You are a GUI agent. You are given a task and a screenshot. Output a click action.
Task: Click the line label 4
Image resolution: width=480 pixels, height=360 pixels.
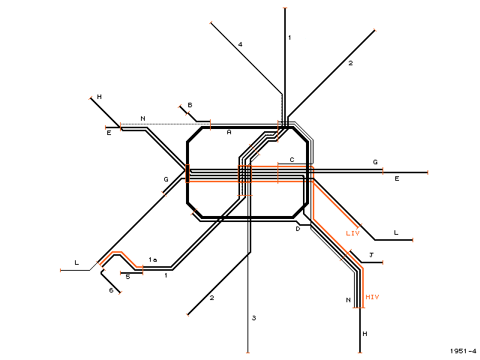click(x=240, y=44)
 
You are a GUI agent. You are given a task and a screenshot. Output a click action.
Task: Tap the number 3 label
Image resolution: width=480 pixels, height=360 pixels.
click(x=253, y=318)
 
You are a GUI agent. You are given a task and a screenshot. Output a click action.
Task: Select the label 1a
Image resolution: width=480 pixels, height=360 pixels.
click(x=153, y=259)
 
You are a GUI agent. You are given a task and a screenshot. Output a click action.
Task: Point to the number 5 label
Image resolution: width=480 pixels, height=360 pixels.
click(x=128, y=277)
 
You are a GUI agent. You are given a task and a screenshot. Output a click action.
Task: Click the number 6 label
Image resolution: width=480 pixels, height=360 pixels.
click(x=111, y=290)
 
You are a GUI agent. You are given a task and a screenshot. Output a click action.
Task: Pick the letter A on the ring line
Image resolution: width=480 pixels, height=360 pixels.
click(x=229, y=132)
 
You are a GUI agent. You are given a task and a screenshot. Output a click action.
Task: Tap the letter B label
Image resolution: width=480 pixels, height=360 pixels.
click(x=190, y=105)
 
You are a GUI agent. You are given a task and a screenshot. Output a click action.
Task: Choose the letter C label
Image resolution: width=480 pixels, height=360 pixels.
click(x=292, y=160)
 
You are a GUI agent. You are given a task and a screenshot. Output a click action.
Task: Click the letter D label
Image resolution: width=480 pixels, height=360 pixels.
click(x=298, y=229)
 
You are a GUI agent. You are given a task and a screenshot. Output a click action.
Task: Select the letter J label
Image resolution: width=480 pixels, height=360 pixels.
click(x=371, y=255)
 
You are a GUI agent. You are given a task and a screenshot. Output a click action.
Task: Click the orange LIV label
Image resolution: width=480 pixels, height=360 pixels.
click(x=352, y=233)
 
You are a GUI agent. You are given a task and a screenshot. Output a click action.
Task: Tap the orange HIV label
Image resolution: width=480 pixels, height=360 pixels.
click(x=372, y=297)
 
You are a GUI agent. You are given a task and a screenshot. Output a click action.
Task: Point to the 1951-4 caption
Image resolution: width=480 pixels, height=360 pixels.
click(x=463, y=351)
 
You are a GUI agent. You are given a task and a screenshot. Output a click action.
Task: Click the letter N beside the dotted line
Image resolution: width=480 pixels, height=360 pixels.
click(x=142, y=118)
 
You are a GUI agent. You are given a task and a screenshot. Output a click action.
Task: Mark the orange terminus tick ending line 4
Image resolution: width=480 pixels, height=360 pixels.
click(x=211, y=22)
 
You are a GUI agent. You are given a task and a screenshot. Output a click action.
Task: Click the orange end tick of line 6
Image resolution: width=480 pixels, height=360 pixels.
click(x=120, y=292)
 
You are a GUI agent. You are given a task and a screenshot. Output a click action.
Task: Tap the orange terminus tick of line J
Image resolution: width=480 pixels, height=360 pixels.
click(x=383, y=262)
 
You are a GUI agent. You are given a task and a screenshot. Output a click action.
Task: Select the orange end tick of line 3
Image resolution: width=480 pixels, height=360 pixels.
click(x=247, y=352)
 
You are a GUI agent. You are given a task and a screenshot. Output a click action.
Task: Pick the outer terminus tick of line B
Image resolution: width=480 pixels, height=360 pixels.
click(x=180, y=106)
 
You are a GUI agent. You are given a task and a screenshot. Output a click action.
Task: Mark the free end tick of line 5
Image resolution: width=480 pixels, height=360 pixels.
click(x=121, y=272)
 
